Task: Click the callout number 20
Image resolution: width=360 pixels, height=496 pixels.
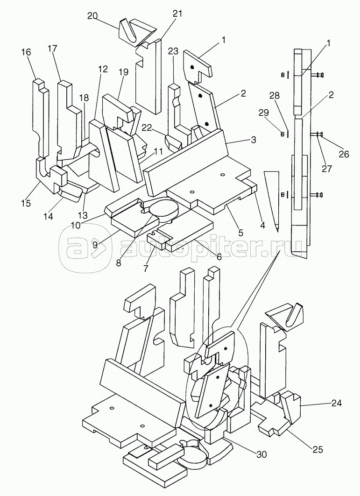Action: tap(93, 16)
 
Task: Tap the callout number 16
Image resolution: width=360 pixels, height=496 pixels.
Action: tap(26, 52)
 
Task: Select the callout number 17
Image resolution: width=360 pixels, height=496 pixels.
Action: tap(52, 49)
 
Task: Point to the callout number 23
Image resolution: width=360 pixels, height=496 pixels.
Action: tap(173, 51)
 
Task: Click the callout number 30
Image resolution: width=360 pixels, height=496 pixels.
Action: tap(261, 454)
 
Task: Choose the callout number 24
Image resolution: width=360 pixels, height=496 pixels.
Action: tap(336, 403)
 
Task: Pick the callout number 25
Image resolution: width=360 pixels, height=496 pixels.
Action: tap(318, 449)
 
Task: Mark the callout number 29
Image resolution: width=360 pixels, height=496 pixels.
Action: tap(264, 113)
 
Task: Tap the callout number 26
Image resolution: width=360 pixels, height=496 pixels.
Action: tap(344, 154)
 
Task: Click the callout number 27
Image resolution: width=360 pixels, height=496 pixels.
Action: tap(326, 168)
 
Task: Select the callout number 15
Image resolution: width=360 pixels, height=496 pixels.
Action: tap(27, 203)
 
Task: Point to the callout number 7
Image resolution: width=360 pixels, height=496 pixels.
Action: tap(146, 269)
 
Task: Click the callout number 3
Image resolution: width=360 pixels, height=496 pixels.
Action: tap(254, 140)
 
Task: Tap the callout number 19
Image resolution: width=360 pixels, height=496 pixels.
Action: tap(124, 72)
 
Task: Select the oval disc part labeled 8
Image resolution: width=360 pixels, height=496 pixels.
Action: tap(164, 210)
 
